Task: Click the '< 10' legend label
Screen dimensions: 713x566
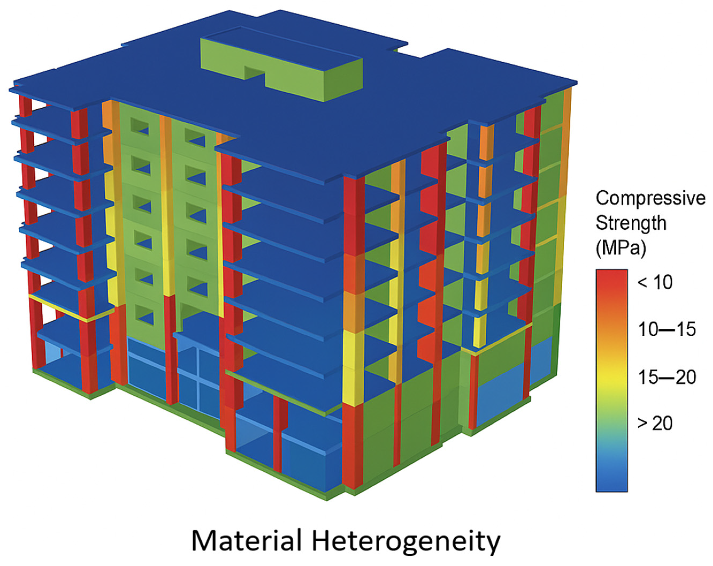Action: point(655,283)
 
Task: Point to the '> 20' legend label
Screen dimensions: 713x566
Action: point(655,423)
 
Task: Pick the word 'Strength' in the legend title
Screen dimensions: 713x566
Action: point(631,223)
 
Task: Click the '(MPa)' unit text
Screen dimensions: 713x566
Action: point(621,248)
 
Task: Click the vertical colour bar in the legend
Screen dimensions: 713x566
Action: point(611,380)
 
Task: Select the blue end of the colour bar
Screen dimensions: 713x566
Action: point(611,476)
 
